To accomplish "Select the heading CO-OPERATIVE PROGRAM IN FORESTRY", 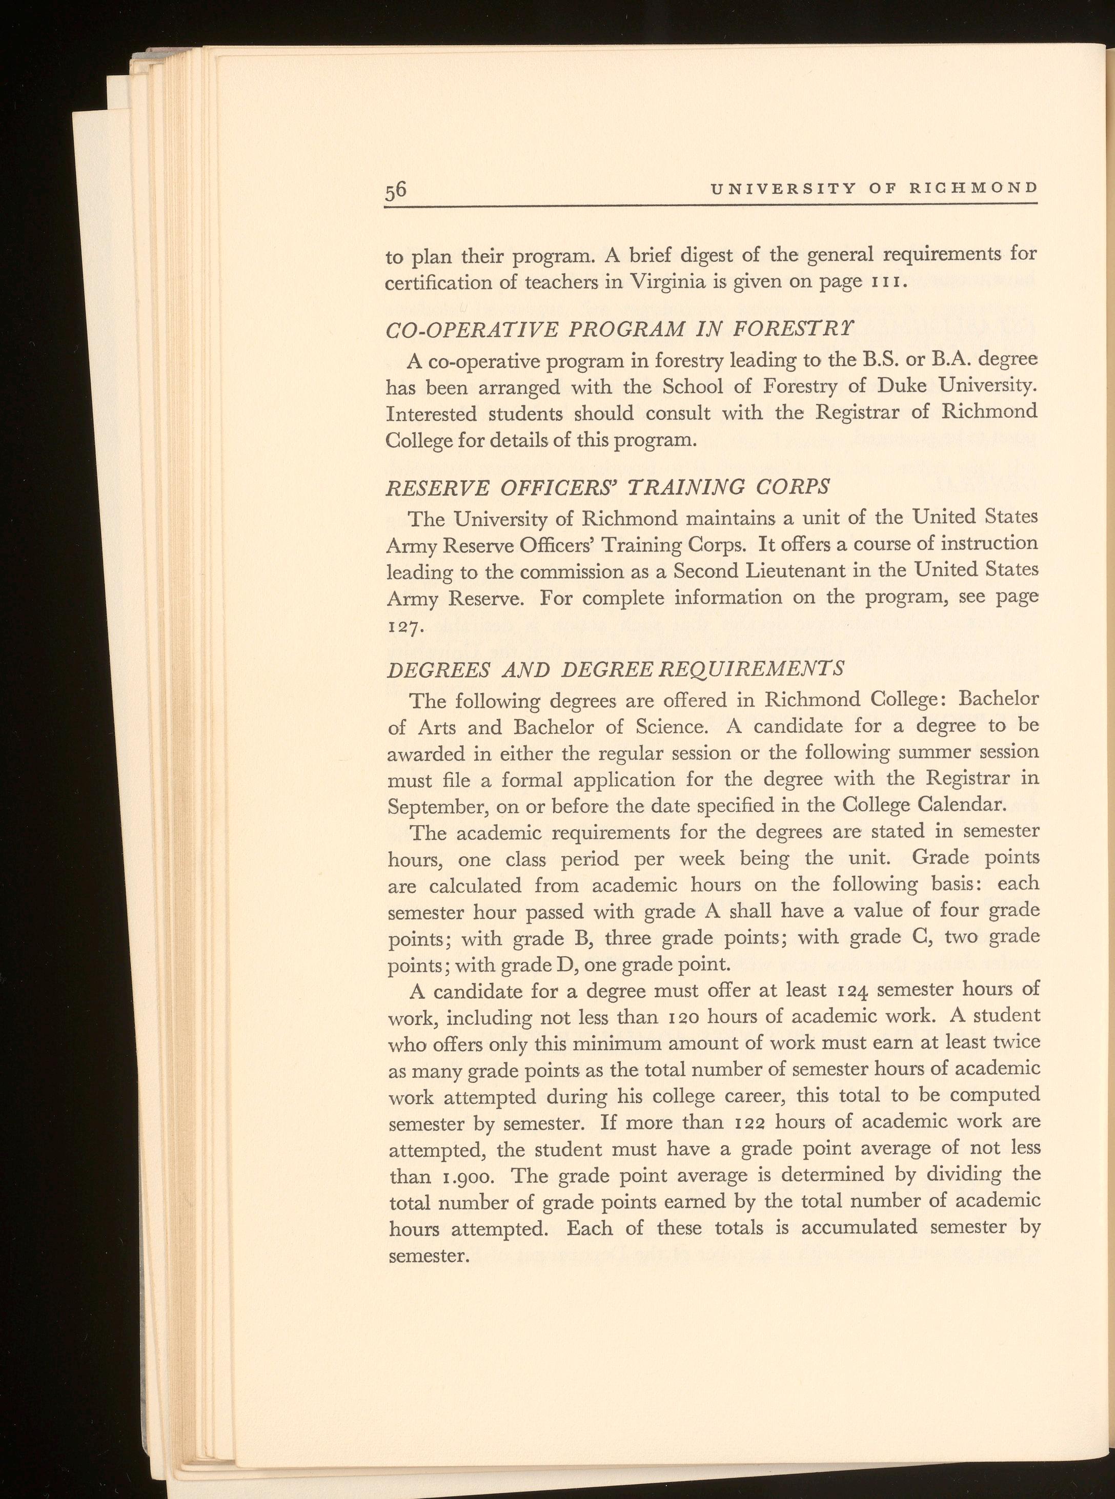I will pos(610,331).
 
